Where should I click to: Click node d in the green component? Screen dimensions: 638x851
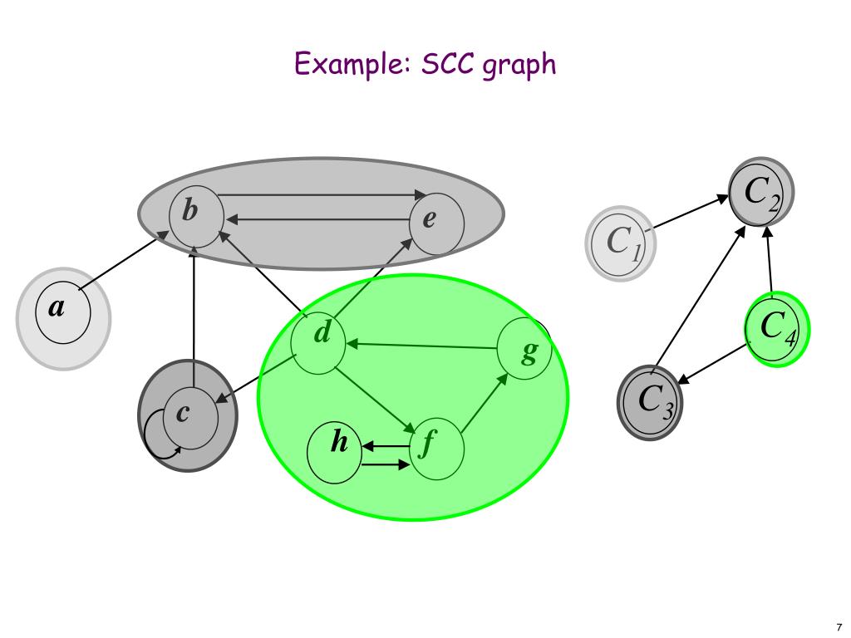[x=318, y=341]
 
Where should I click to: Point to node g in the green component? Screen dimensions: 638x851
[x=524, y=349]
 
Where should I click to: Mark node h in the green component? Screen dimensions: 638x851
[x=335, y=449]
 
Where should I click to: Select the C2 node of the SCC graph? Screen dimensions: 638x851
[x=761, y=193]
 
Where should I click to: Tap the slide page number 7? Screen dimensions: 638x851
[x=839, y=627]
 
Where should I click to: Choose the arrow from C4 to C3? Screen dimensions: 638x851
[x=714, y=363]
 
